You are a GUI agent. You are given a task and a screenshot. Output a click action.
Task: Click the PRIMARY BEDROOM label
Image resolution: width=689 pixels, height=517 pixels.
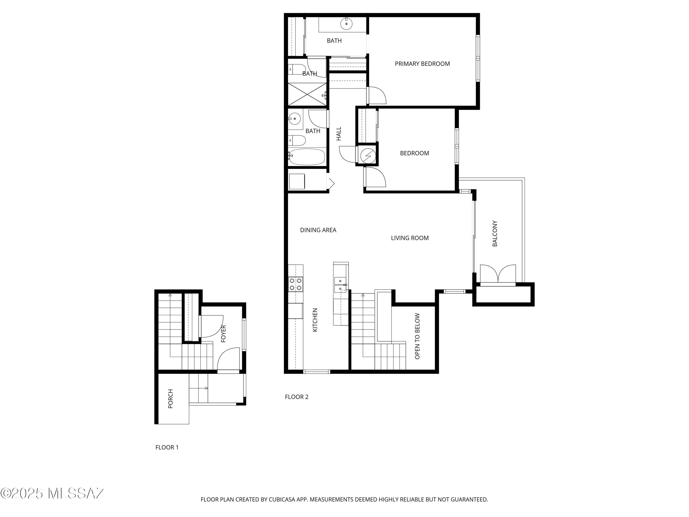pos(422,64)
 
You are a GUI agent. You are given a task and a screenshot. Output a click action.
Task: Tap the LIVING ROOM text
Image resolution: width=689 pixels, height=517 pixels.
pos(409,238)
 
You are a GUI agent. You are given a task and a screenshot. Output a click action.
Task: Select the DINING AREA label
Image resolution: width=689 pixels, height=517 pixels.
pos(318,230)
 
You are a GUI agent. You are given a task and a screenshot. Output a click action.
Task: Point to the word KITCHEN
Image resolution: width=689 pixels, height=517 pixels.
pos(315,320)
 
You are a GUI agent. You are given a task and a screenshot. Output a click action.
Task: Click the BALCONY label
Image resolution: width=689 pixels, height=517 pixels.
pos(495,234)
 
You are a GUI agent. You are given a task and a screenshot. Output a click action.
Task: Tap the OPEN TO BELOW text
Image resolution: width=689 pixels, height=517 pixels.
pos(417,336)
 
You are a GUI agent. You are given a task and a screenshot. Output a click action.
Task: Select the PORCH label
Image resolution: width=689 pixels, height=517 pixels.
pos(170,399)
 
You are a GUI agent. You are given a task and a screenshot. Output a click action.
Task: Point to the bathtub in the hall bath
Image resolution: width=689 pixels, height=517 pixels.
pos(307,157)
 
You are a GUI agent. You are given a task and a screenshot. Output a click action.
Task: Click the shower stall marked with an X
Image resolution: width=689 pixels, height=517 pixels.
pos(307,94)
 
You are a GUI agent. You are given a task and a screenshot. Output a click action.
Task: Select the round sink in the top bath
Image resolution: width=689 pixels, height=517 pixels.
pos(346,23)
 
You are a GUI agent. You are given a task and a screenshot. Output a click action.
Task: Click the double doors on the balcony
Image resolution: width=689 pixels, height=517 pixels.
pos(498,274)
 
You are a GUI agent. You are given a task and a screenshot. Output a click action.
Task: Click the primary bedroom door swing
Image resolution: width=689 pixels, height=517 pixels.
pos(377,95)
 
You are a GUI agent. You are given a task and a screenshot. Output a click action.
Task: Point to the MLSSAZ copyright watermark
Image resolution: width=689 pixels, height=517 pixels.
pos(52,493)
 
